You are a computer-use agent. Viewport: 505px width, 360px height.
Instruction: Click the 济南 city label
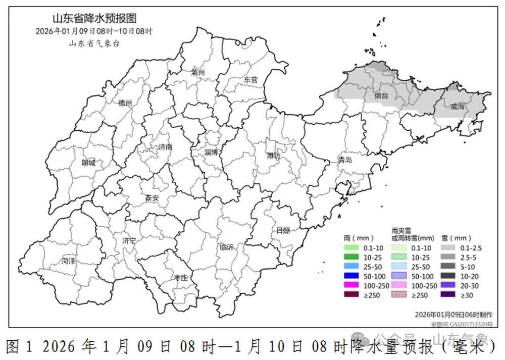(165, 147)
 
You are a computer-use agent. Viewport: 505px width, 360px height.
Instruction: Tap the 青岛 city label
(345, 161)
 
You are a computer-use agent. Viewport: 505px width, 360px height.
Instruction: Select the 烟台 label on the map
(381, 95)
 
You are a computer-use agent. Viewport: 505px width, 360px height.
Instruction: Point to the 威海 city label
(458, 106)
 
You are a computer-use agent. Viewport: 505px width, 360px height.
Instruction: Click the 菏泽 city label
(69, 261)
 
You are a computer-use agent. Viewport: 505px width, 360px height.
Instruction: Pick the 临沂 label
(227, 247)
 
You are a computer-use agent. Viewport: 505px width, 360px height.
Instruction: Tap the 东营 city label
(250, 80)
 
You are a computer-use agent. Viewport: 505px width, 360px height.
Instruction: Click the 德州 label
(125, 103)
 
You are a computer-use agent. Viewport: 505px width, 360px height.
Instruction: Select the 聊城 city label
(89, 163)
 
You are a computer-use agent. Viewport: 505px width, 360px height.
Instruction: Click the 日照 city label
(283, 230)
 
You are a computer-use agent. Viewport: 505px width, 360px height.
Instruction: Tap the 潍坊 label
(273, 156)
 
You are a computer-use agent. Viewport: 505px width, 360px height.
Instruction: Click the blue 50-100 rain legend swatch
(350, 276)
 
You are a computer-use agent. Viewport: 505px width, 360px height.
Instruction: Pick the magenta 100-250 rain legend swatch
(350, 285)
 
